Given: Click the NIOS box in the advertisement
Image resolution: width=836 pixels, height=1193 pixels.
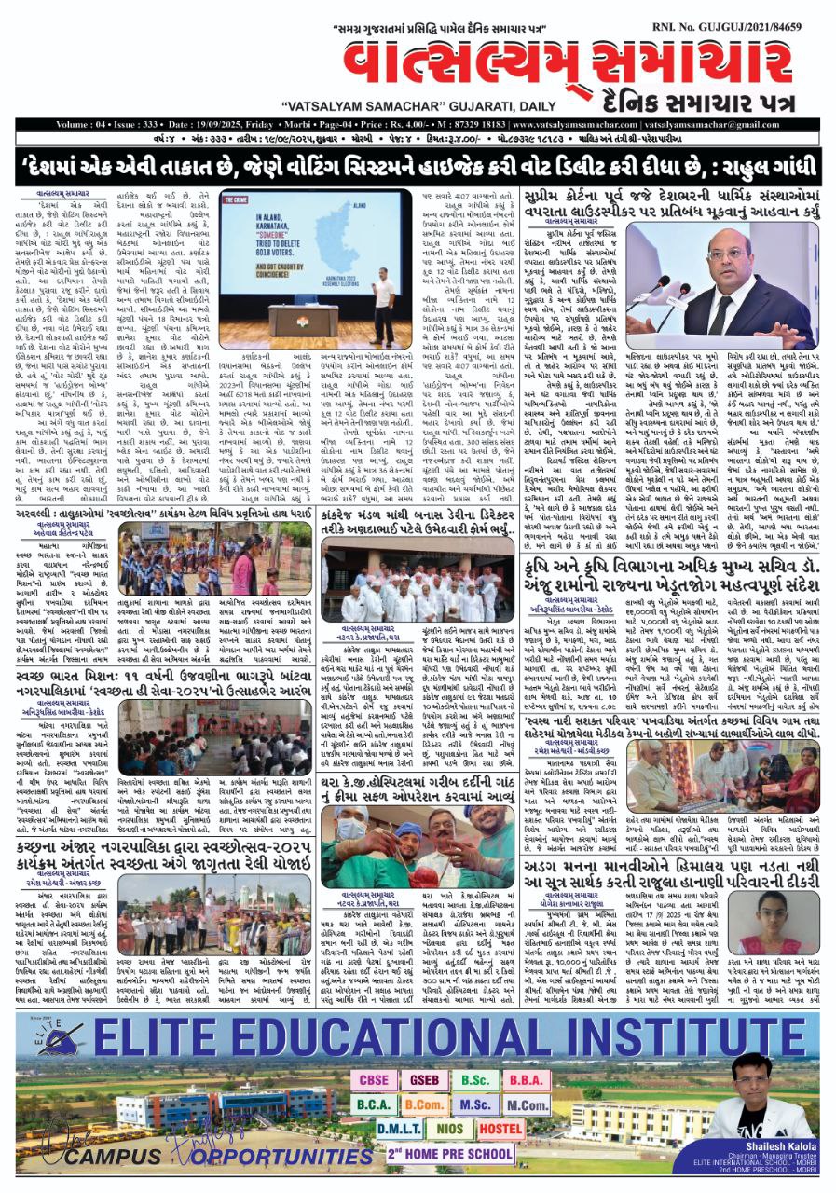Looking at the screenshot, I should coord(449,1128).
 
